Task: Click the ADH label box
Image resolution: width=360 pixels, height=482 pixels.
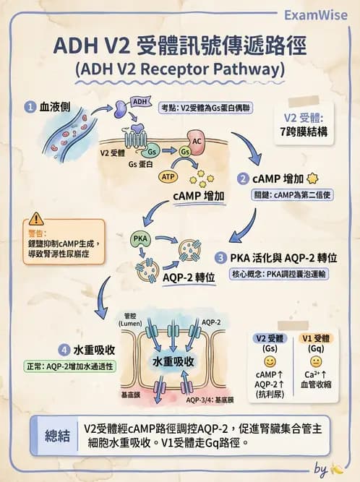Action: point(141,101)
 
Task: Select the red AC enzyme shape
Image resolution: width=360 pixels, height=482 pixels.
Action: point(197,142)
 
